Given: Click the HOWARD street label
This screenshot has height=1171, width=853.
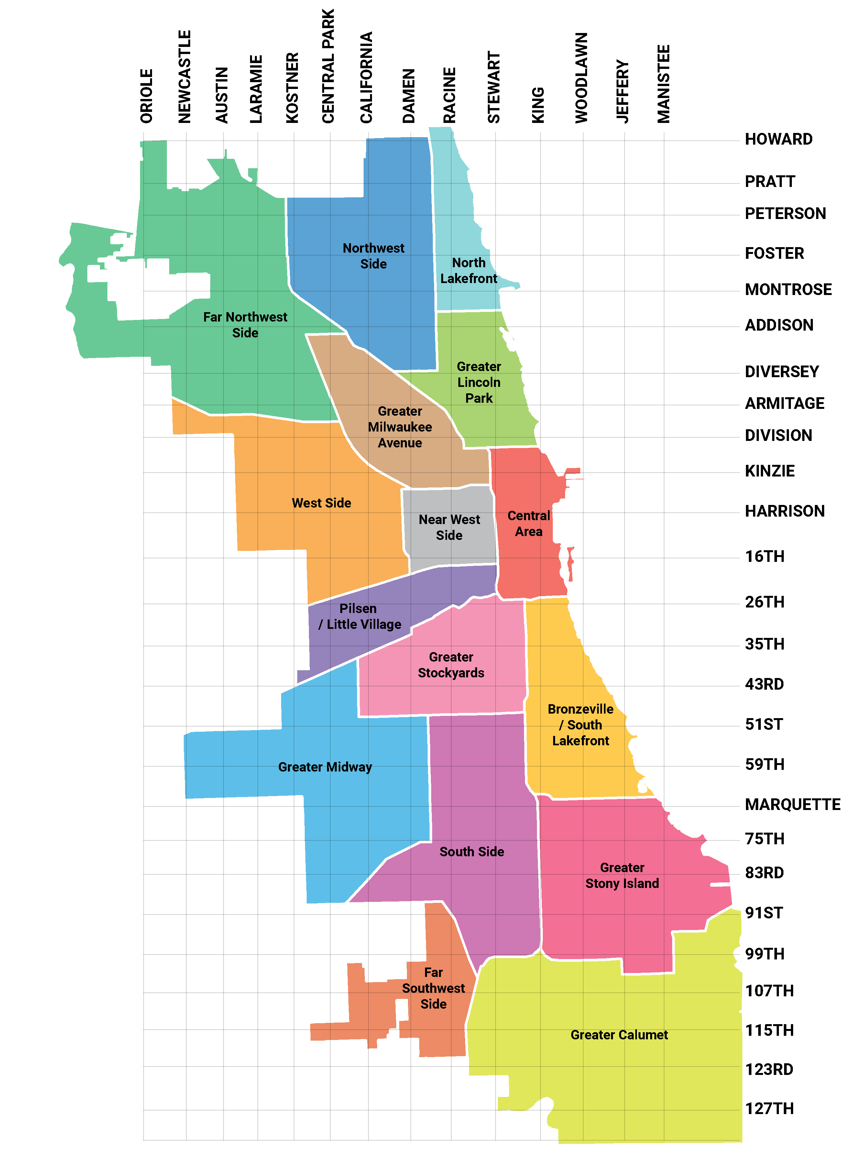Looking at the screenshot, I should pyautogui.click(x=778, y=139).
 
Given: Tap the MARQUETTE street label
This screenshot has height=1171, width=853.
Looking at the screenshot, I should pyautogui.click(x=792, y=804).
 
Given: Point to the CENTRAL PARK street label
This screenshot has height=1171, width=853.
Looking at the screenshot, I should pyautogui.click(x=328, y=66).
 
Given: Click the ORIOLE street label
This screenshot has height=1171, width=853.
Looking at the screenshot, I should pyautogui.click(x=147, y=96).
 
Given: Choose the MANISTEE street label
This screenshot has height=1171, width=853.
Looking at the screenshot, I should pyautogui.click(x=663, y=84).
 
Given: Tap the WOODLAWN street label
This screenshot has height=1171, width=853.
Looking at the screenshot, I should pyautogui.click(x=581, y=78).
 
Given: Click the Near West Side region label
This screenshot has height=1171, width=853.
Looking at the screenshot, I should pyautogui.click(x=449, y=527).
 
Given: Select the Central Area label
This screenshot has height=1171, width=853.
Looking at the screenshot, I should pyautogui.click(x=529, y=523).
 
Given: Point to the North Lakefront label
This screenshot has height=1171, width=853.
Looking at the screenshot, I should pyautogui.click(x=468, y=270).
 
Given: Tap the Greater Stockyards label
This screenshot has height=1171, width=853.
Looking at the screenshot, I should pyautogui.click(x=451, y=665).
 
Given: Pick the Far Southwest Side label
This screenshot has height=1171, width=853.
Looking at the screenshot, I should pyautogui.click(x=433, y=988).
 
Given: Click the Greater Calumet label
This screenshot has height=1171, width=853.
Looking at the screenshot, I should pyautogui.click(x=619, y=1035).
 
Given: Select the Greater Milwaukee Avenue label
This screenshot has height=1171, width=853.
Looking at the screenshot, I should pyautogui.click(x=399, y=427).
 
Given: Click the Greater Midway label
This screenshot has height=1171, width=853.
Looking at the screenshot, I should pyautogui.click(x=325, y=767).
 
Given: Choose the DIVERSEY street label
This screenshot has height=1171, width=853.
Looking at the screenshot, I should pyautogui.click(x=781, y=372).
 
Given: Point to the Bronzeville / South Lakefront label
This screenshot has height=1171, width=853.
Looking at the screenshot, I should pyautogui.click(x=580, y=725).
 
